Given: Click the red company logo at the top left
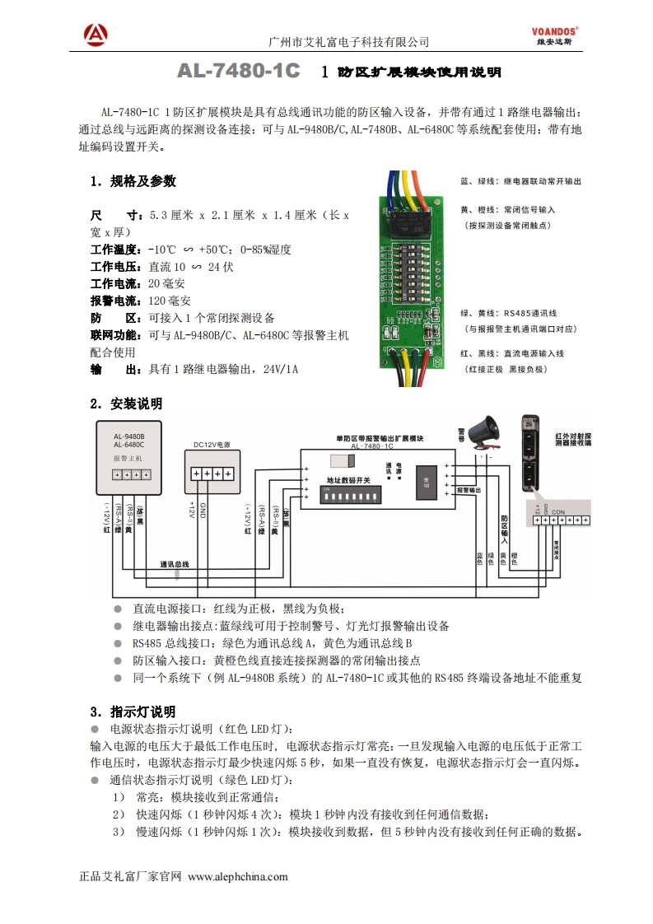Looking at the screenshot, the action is click(x=96, y=34).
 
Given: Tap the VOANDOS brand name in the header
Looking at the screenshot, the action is click(x=553, y=28).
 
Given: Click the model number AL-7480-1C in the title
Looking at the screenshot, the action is click(x=239, y=72).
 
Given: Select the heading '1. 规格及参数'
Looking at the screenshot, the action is click(x=133, y=181).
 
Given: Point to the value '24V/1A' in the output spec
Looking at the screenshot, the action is click(x=280, y=369).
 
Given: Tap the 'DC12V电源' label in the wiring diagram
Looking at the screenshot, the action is click(x=212, y=445).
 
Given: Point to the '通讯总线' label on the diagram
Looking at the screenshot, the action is click(x=174, y=564).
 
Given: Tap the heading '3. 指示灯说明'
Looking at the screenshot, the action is click(x=132, y=712).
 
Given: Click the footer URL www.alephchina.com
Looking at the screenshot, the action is click(x=238, y=876).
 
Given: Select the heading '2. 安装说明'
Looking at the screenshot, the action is click(x=126, y=404).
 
